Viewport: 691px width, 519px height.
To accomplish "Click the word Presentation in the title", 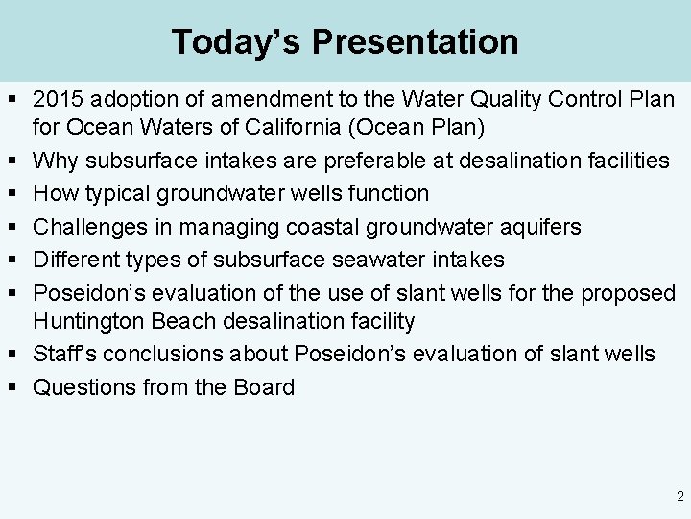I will pyautogui.click(x=415, y=41).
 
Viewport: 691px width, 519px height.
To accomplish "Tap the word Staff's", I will pyautogui.click(x=64, y=354).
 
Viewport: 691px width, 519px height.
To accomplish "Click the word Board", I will pyautogui.click(x=264, y=387).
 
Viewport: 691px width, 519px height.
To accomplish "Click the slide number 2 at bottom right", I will pyautogui.click(x=679, y=497).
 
